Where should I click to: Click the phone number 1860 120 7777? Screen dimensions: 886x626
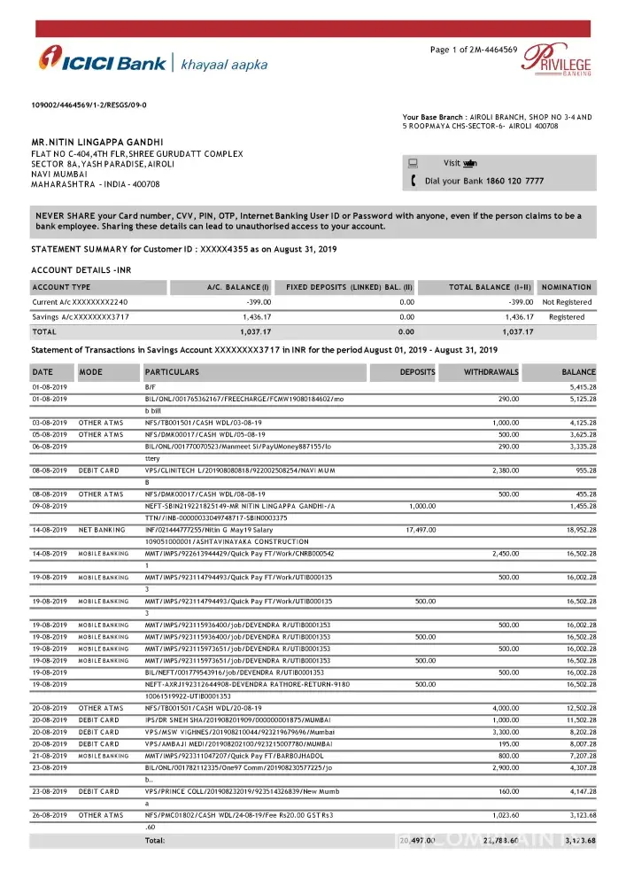click(x=515, y=181)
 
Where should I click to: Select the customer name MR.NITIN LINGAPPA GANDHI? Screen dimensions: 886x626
click(x=97, y=142)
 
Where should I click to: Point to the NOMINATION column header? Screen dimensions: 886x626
click(x=566, y=287)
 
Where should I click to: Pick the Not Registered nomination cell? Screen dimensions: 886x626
click(x=567, y=302)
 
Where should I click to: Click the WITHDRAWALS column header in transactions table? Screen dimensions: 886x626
click(x=491, y=372)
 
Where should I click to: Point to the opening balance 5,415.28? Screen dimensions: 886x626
click(x=577, y=387)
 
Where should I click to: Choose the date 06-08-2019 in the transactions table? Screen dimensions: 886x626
click(x=50, y=448)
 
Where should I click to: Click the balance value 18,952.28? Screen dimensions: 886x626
click(x=577, y=531)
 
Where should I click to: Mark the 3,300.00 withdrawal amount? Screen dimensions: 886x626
click(x=505, y=732)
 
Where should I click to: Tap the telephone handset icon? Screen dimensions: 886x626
click(x=413, y=181)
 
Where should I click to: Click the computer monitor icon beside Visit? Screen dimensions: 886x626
click(x=413, y=163)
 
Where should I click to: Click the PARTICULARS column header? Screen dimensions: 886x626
click(x=172, y=372)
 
